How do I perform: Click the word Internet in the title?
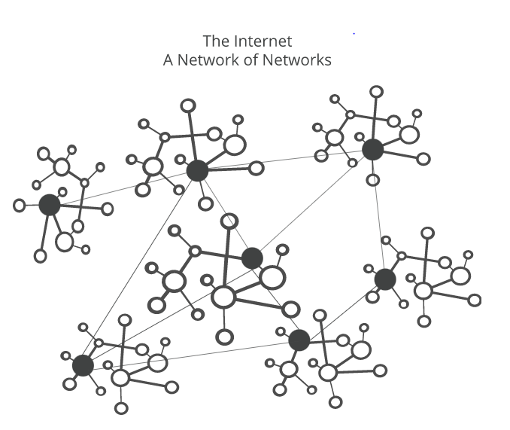[x=263, y=41]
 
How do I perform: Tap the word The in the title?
[x=217, y=41]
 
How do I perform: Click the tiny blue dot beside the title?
[x=354, y=34]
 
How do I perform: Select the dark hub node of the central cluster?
[x=252, y=258]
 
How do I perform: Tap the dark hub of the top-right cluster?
[x=373, y=149]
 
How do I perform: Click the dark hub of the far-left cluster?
[x=50, y=204]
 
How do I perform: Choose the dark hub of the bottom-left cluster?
[x=83, y=366]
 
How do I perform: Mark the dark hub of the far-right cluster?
[x=385, y=279]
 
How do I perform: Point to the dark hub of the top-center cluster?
[x=197, y=170]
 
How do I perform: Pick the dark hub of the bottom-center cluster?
[x=299, y=340]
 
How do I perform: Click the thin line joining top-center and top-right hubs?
[x=286, y=160]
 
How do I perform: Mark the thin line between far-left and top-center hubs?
[x=124, y=187]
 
